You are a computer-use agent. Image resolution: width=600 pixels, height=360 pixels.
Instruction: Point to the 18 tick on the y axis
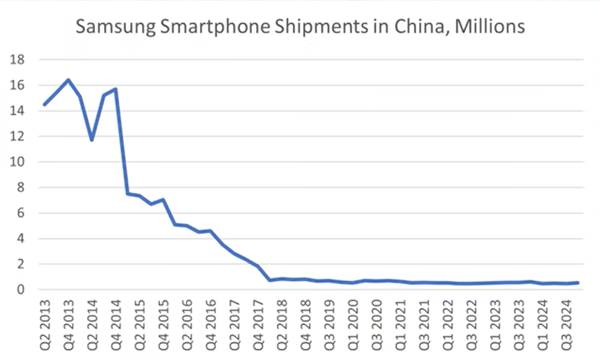click(x=17, y=60)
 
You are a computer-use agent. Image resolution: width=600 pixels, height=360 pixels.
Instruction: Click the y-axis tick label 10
click(x=17, y=162)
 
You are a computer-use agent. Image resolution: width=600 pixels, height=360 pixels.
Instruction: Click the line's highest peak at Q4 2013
click(x=68, y=80)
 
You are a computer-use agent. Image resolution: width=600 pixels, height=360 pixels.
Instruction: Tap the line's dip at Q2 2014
click(x=92, y=139)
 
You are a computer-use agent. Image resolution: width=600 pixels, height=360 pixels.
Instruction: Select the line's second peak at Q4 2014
click(x=116, y=89)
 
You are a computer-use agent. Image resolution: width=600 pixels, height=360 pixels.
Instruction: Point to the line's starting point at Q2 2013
click(x=44, y=105)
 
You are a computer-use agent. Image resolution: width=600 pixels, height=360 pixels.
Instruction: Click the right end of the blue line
click(x=578, y=283)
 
